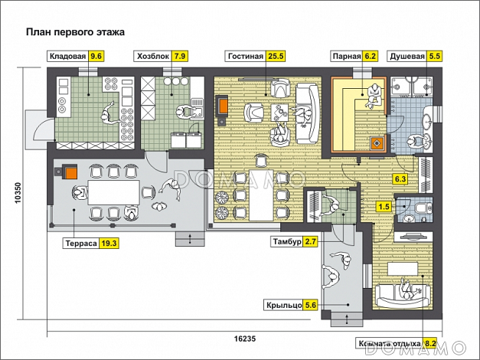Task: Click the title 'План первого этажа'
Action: (75, 32)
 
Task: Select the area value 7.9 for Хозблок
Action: (180, 56)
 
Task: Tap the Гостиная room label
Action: (246, 56)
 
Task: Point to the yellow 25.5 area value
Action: (276, 56)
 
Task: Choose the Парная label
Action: (346, 56)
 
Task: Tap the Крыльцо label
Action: (282, 304)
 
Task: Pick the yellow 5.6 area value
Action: (311, 304)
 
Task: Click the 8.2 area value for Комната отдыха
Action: (430, 343)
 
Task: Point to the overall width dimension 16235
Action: (244, 338)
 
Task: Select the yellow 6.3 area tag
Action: (400, 179)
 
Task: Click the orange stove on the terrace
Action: (70, 172)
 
